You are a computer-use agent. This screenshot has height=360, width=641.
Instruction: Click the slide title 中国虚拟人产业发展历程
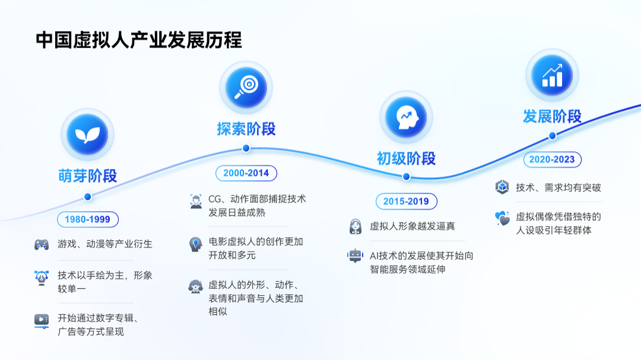138,40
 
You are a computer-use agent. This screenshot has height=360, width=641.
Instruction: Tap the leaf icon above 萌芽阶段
87,135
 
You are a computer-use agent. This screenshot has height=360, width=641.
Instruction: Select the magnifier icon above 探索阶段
246,87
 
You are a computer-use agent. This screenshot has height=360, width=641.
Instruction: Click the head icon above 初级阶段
406,117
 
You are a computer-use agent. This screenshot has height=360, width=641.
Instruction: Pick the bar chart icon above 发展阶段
552,75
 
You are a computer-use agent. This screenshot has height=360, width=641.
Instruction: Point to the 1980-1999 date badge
87,219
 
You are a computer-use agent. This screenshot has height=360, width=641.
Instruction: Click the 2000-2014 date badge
246,173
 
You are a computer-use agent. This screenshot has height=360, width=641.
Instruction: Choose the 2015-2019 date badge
407,202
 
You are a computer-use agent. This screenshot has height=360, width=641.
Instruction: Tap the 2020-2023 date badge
553,160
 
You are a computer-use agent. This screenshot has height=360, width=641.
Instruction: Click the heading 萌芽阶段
87,176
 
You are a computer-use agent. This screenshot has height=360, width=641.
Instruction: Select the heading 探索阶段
246,129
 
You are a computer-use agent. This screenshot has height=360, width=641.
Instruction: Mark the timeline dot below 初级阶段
406,177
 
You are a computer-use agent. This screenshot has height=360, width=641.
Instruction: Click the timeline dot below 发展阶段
553,135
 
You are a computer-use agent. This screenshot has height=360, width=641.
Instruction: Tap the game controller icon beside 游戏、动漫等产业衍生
42,244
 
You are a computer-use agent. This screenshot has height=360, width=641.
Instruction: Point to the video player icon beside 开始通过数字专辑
42,321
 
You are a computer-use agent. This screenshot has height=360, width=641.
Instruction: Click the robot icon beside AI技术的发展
355,256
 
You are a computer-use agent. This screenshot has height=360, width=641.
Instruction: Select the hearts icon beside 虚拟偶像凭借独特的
502,218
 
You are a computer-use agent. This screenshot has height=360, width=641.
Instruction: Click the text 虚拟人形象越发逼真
412,227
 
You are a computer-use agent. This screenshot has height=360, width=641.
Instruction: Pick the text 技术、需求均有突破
558,187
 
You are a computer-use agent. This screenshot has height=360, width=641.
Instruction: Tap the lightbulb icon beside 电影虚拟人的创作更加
195,244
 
